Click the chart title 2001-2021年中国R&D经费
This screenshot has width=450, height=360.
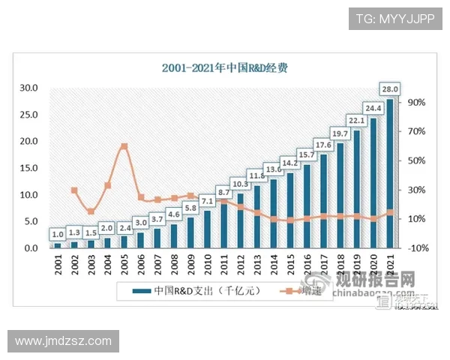pos(226,67)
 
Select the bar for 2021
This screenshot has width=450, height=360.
pos(389,173)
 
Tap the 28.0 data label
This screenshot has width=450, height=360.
pos(389,88)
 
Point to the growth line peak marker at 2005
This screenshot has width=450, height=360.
pos(124,146)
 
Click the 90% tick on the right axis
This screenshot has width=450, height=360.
pos(417,102)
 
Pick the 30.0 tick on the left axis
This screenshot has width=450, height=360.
pos(29,88)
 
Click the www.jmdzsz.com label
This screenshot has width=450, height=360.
pos(63,341)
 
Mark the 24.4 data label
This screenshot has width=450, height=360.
pos(373,108)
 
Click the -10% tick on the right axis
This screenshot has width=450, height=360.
pos(417,248)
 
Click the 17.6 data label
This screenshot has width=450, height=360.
pos(323,145)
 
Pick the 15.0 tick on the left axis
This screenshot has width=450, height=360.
pos(29,168)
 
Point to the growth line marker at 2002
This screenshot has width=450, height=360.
pos(74,190)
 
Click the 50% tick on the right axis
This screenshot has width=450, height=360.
pos(417,160)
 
